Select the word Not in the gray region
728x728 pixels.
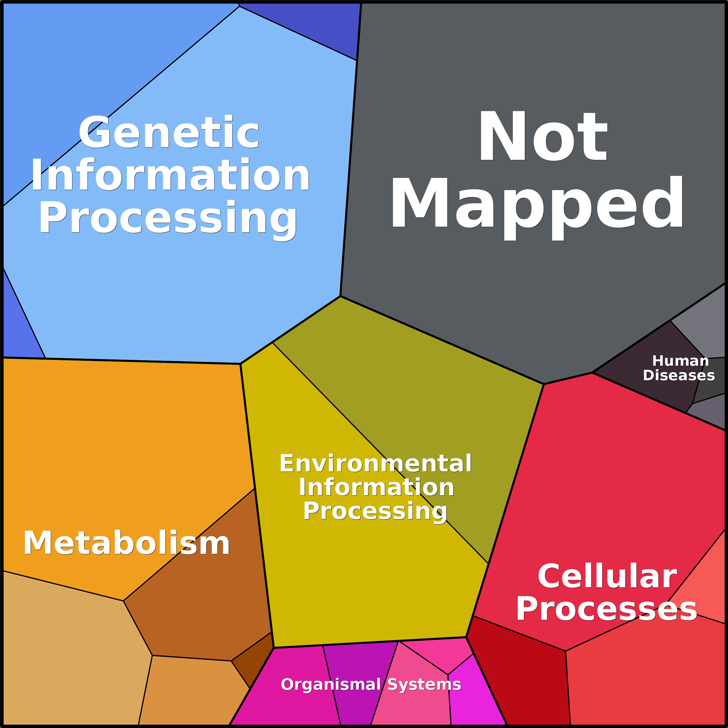(x=543, y=136)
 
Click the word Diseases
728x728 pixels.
(x=679, y=375)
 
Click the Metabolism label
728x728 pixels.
(x=126, y=543)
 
